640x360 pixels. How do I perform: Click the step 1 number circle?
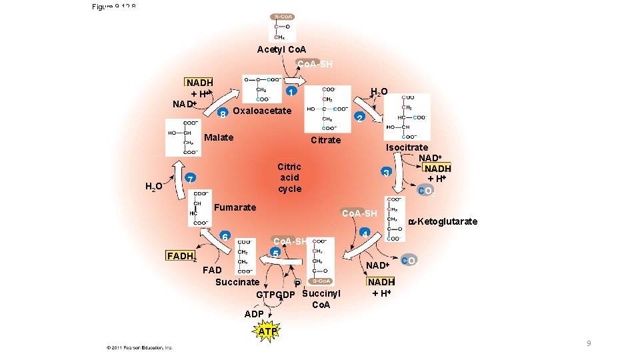point(291,91)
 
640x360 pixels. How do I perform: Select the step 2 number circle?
point(359,118)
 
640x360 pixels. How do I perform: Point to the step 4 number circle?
point(365,233)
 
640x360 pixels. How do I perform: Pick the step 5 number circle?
point(275,253)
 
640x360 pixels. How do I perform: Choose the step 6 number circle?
point(225,237)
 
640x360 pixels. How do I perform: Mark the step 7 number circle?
point(190,180)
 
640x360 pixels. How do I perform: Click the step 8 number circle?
point(223,113)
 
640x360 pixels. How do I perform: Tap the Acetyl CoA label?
point(281,50)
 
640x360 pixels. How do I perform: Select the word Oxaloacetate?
point(262,111)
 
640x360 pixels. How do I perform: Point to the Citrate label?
point(325,140)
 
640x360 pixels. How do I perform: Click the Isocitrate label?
point(407,147)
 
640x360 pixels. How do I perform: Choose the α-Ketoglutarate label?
point(443,221)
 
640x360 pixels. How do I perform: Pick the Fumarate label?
point(234,207)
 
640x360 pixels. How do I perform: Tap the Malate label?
point(219,137)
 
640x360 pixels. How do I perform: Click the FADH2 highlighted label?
point(181,256)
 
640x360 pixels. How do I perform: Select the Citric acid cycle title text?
point(289,177)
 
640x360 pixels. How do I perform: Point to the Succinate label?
point(237,282)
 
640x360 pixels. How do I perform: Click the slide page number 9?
point(589,343)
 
